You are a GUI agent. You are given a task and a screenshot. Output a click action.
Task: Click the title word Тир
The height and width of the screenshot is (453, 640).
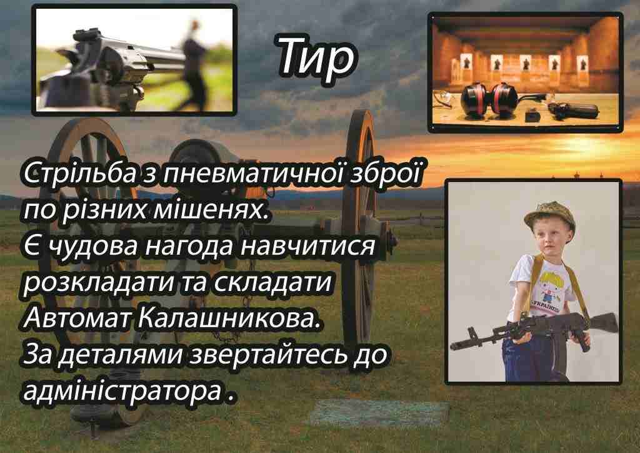317,58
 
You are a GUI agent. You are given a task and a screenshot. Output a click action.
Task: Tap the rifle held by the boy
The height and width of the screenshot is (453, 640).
535,330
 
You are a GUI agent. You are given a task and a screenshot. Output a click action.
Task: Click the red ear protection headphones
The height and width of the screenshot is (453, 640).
489,100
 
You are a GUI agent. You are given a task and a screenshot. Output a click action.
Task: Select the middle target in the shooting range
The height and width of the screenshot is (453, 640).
525,65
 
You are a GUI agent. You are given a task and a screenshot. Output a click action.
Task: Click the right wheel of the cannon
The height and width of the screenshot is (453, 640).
359,229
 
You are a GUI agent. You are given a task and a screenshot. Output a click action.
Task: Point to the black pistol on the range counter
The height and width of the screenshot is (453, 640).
571,109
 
